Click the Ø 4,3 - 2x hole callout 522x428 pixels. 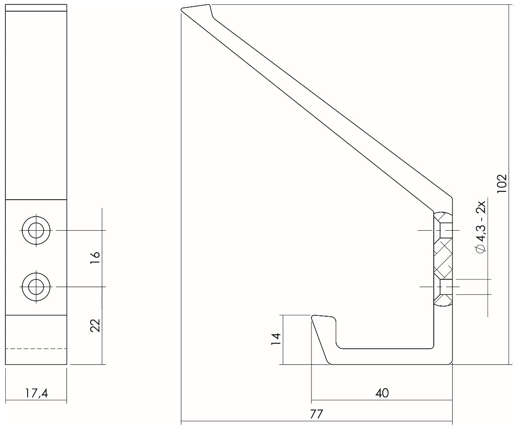pyautogui.click(x=480, y=227)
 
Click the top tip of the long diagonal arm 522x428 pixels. pyautogui.click(x=196, y=8)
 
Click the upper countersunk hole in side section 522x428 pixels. pyautogui.click(x=444, y=230)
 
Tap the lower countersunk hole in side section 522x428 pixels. pyautogui.click(x=444, y=287)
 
